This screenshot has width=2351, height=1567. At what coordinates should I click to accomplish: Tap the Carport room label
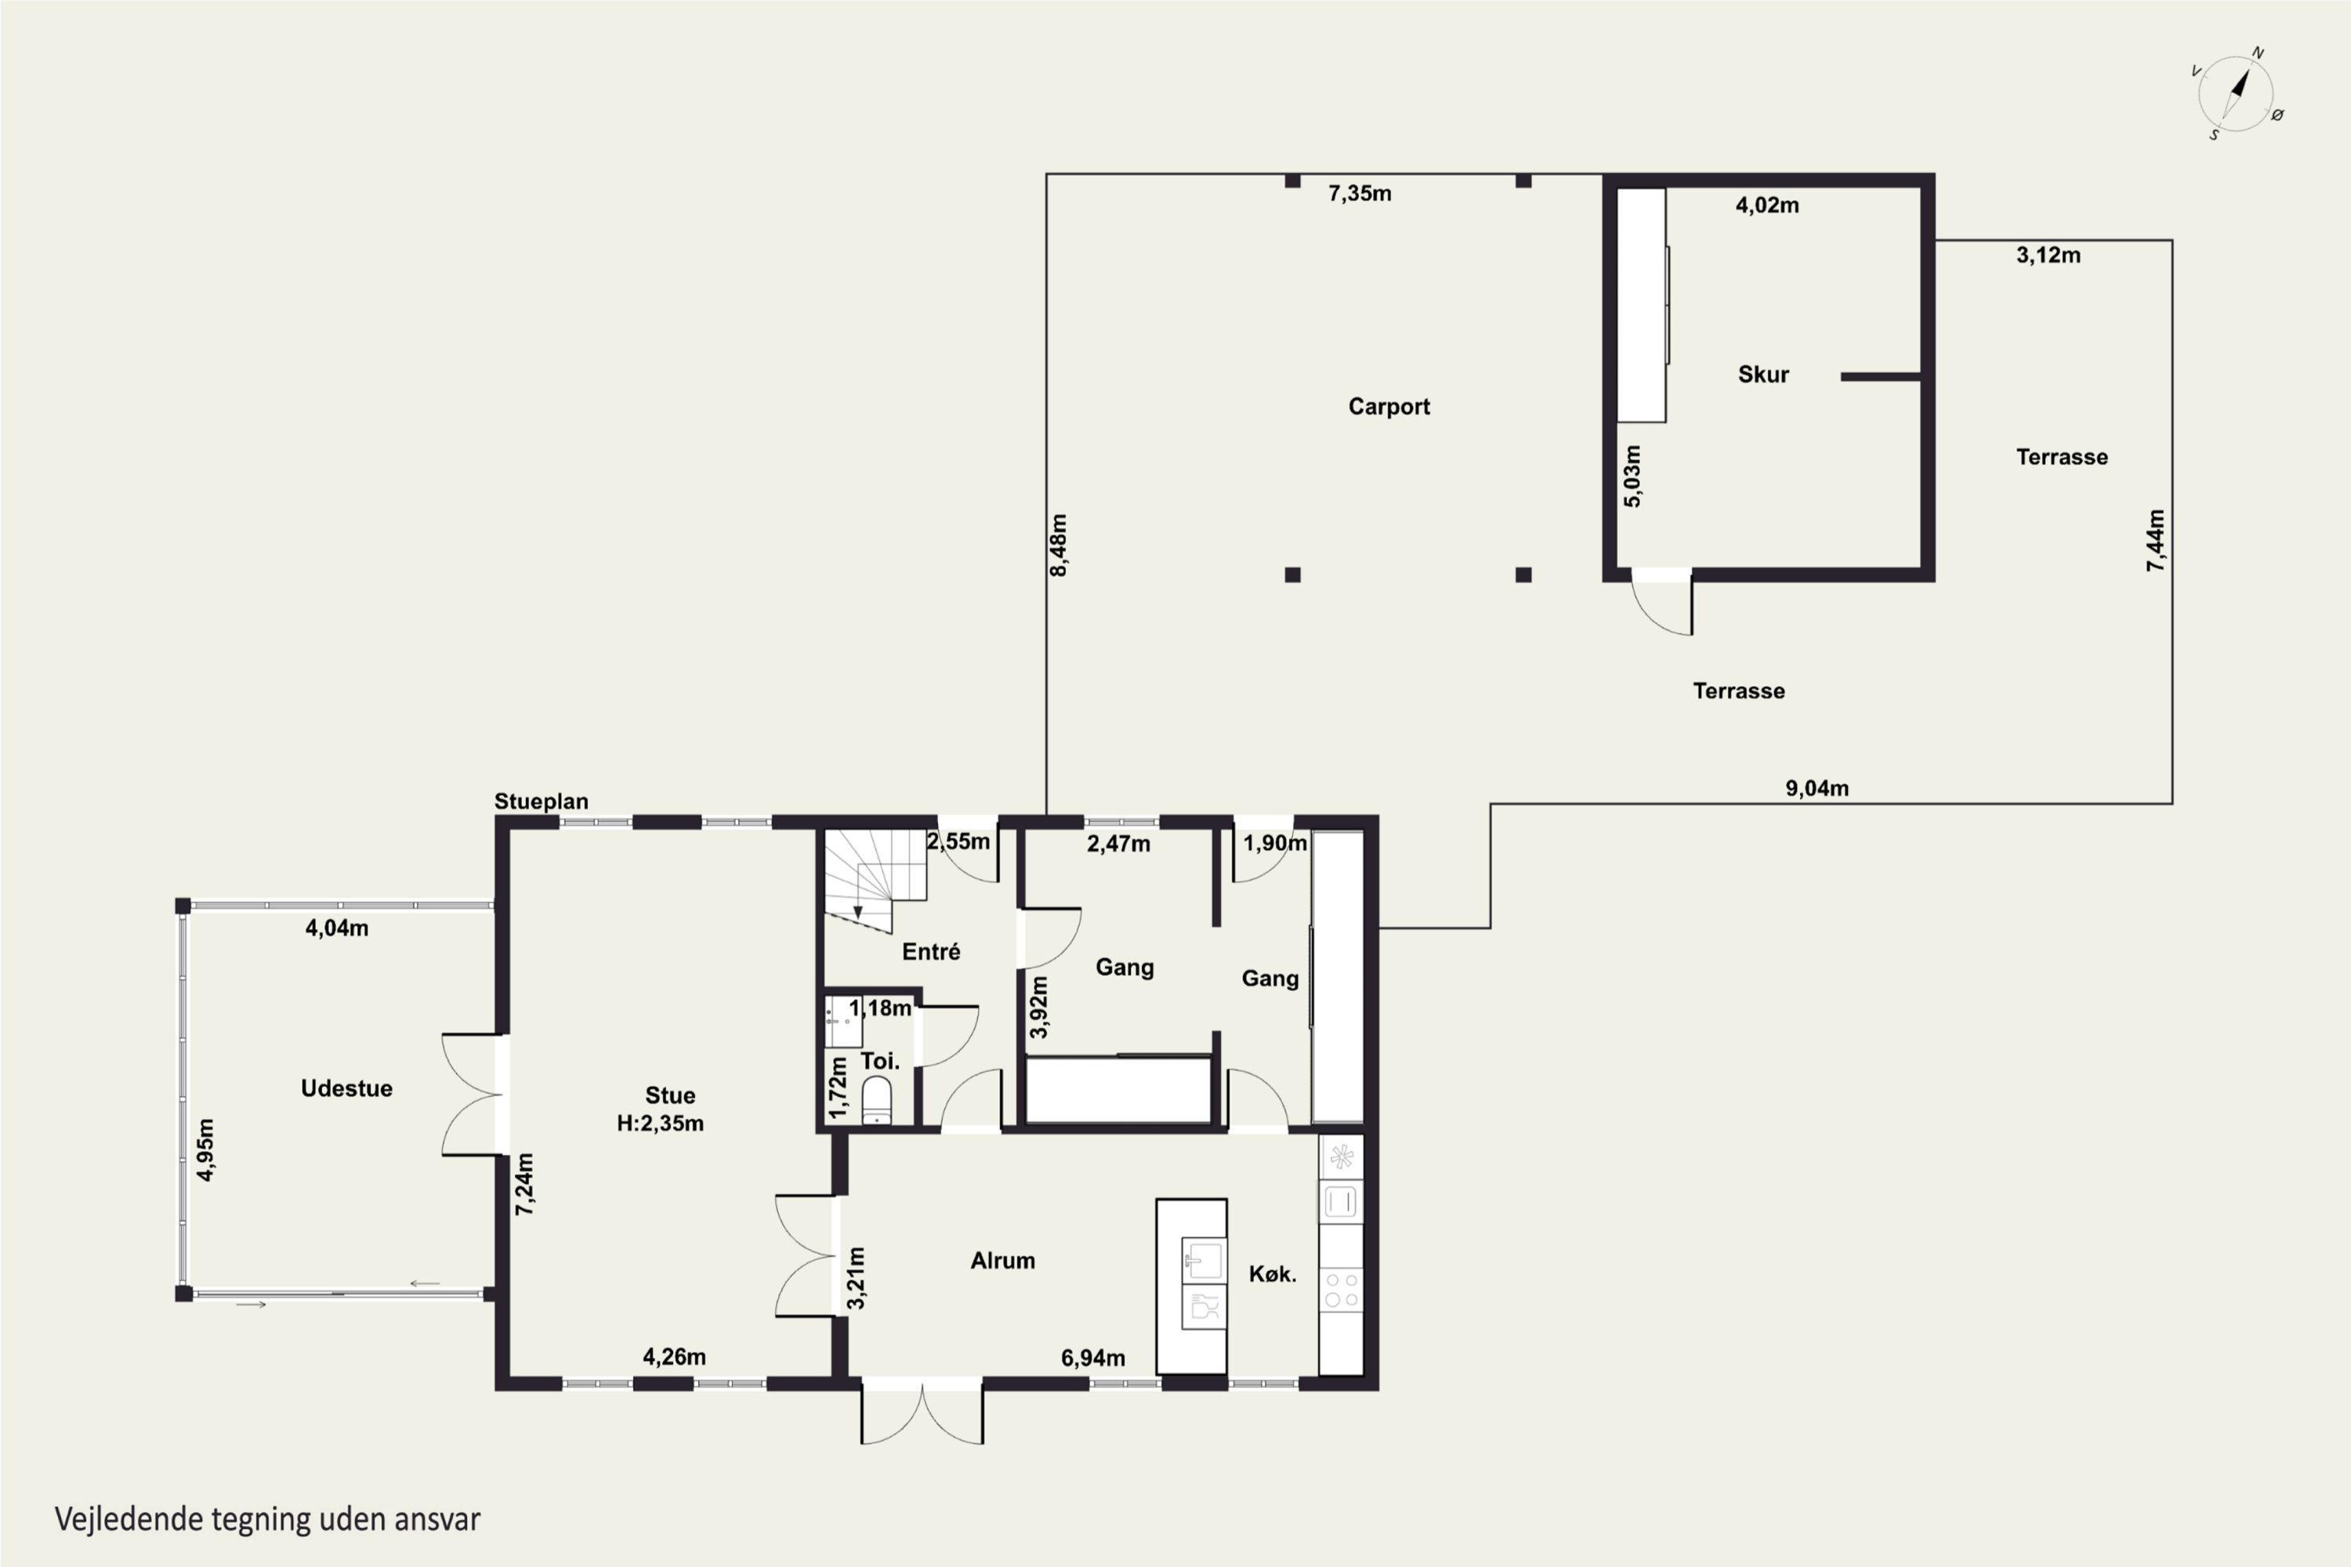[x=1389, y=407]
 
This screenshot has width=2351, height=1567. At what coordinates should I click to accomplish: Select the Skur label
[x=1763, y=375]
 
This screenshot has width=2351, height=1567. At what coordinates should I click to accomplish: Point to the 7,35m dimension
[x=1360, y=194]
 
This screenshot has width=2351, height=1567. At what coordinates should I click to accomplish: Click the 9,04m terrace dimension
[x=1817, y=788]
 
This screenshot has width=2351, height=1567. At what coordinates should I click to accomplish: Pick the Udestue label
[x=347, y=1088]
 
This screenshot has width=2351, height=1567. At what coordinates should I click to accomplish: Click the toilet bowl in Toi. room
[x=877, y=1099]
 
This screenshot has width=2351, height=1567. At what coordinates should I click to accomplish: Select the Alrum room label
[x=1002, y=1261]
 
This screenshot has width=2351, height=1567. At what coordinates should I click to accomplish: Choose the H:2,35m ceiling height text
[x=660, y=1124]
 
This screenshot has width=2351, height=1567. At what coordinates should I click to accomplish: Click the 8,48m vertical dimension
[x=1059, y=545]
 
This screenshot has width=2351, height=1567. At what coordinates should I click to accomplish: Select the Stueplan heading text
[x=541, y=802]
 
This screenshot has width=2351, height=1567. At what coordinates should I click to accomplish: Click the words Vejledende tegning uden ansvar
[x=268, y=1520]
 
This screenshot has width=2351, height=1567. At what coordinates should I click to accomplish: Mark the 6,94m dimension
[x=1092, y=1358]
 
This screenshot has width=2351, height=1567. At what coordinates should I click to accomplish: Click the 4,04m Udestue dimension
[x=337, y=928]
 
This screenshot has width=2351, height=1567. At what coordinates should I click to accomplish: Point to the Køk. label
[x=1273, y=1274]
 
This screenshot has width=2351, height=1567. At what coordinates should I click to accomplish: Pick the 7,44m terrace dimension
[x=2156, y=541]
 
